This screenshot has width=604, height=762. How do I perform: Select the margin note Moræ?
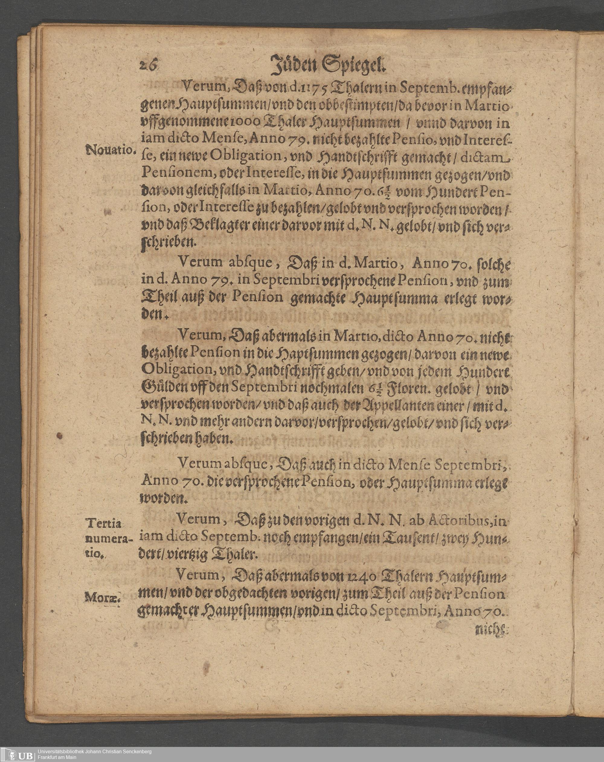pos(103,598)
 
